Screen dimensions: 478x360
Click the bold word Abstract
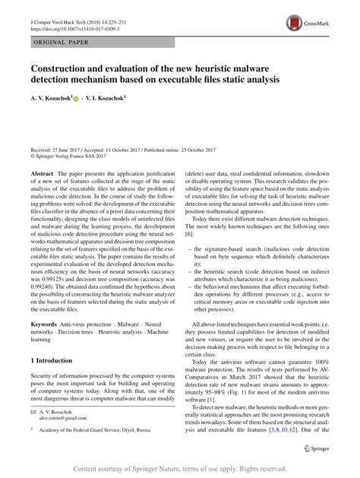(x=42, y=173)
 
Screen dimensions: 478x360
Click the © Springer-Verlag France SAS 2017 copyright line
(x=76, y=159)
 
